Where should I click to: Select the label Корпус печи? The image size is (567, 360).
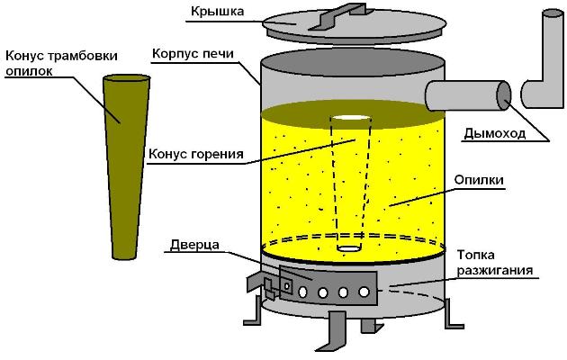pos(193,54)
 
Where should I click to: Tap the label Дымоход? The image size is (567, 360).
pos(491,137)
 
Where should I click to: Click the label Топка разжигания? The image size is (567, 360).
pos(495,262)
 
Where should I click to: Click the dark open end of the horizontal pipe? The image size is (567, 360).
pos(503,94)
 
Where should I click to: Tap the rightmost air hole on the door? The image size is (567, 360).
pos(364,292)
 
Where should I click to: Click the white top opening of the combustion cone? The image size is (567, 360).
pos(350,120)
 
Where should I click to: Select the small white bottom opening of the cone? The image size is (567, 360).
pos(347,247)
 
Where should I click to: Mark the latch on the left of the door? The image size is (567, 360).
pos(268,289)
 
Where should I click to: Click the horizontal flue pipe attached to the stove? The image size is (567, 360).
pos(463,94)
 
